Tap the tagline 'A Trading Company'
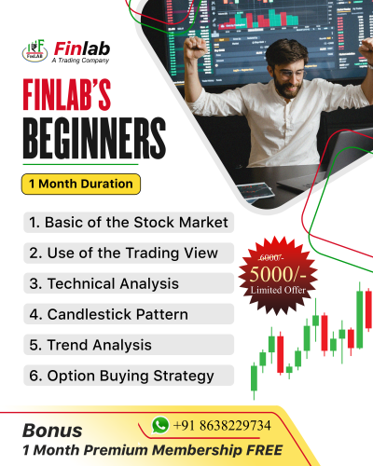click(81, 61)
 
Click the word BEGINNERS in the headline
click(85, 139)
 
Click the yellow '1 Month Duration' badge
click(80, 184)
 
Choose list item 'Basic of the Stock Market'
click(128, 224)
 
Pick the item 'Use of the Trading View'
click(122, 253)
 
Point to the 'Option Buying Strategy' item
click(120, 376)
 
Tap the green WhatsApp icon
click(160, 425)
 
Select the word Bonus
click(52, 432)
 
